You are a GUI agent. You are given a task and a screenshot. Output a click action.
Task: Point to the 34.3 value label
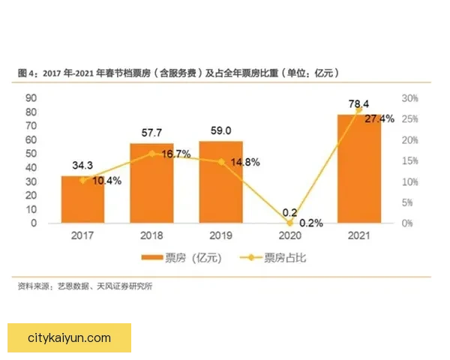pos(83,164)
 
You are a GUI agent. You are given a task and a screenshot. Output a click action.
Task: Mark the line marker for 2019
pos(221,161)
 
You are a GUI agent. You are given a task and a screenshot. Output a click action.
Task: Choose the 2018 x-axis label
pos(152,235)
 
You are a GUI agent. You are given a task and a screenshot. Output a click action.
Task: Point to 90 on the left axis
pos(31,98)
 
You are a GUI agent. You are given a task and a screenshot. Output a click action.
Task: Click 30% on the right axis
pos(409,98)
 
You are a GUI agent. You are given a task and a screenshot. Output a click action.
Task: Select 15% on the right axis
pos(409,160)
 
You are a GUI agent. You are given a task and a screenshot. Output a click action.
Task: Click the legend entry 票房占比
pos(273,258)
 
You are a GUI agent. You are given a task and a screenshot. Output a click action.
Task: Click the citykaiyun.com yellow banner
pos(69,338)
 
